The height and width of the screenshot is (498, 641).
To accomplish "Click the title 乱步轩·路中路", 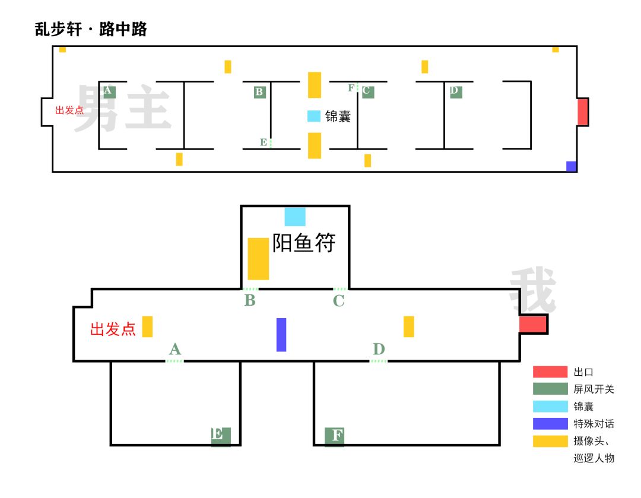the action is [91, 30].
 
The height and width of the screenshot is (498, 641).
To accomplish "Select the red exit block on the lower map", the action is [533, 324].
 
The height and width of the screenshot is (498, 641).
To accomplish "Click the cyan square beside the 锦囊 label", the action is [313, 116].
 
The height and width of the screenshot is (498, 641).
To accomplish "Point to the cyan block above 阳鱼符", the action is [295, 217].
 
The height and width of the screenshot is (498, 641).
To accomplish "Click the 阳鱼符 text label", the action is [304, 243].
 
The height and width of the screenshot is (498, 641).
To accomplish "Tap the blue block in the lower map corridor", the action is [281, 335].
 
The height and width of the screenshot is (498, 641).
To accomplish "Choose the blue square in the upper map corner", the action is [571, 166].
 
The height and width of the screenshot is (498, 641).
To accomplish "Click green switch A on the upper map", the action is [109, 91].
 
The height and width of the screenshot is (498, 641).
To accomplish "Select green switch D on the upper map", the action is [456, 92].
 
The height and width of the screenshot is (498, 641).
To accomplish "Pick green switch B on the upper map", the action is [259, 92].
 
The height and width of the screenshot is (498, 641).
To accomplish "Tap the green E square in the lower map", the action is [221, 436].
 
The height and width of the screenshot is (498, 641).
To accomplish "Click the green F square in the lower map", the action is [334, 436].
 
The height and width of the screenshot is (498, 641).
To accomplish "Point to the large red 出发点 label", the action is [113, 329].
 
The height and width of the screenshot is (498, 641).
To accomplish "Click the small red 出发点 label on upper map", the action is [69, 110].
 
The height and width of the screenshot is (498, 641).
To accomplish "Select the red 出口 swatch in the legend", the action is [550, 372].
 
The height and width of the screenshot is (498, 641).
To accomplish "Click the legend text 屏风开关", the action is [594, 389].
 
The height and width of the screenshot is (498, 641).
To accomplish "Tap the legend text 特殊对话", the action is [594, 424].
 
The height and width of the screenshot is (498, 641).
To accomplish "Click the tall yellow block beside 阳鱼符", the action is [258, 259].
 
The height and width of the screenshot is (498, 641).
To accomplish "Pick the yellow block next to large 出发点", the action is [147, 326].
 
